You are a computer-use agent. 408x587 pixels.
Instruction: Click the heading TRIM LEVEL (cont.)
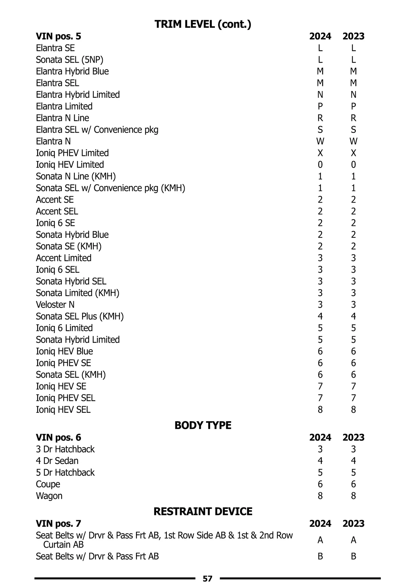click(x=203, y=24)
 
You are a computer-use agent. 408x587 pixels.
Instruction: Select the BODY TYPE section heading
click(x=203, y=425)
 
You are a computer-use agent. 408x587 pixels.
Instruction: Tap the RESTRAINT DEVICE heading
click(x=203, y=512)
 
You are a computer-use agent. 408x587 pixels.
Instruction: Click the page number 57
click(x=207, y=579)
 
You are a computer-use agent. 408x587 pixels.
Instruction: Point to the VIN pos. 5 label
click(x=58, y=36)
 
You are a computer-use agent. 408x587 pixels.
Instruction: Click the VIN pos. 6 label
click(x=58, y=438)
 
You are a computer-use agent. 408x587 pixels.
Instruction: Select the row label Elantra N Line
click(x=63, y=118)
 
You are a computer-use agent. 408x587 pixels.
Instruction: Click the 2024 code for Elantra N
click(x=320, y=141)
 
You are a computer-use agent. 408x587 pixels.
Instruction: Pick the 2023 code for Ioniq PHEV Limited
click(x=353, y=153)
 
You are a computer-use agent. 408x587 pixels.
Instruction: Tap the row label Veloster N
click(x=55, y=305)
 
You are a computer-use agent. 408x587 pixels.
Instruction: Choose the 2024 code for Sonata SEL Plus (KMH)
click(x=320, y=316)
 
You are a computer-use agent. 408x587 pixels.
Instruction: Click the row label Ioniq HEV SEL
click(x=63, y=410)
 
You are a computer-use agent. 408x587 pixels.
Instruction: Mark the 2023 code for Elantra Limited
click(x=353, y=106)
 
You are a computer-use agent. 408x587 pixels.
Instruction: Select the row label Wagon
click(x=49, y=496)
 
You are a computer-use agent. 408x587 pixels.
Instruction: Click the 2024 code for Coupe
click(x=320, y=484)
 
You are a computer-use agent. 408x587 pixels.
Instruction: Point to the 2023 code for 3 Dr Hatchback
click(x=353, y=449)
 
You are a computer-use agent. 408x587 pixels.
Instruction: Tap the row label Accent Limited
click(x=64, y=258)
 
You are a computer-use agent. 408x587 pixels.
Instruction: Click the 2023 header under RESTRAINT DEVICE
click(x=353, y=524)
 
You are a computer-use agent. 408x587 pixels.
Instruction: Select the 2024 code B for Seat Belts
click(x=320, y=556)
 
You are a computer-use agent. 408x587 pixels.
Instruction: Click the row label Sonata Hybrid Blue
click(x=72, y=235)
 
